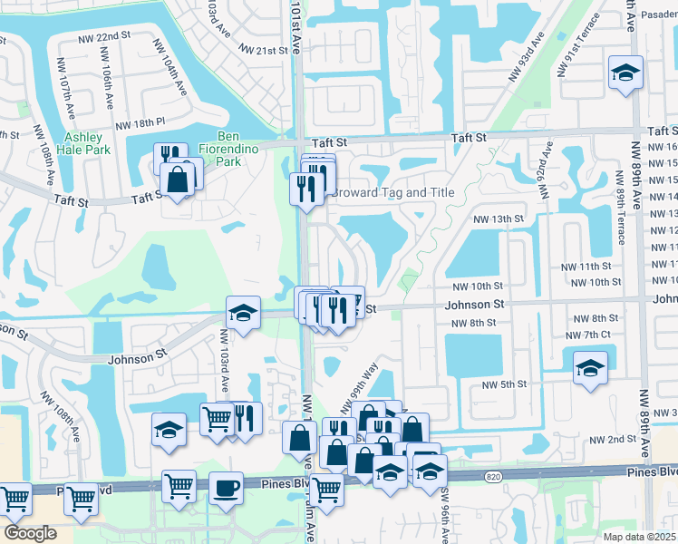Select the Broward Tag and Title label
click(392, 193)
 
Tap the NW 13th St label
click(498, 219)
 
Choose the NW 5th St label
click(504, 384)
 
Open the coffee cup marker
click(226, 489)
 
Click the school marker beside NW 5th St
click(590, 368)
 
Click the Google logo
click(30, 533)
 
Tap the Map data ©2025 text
click(640, 537)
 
